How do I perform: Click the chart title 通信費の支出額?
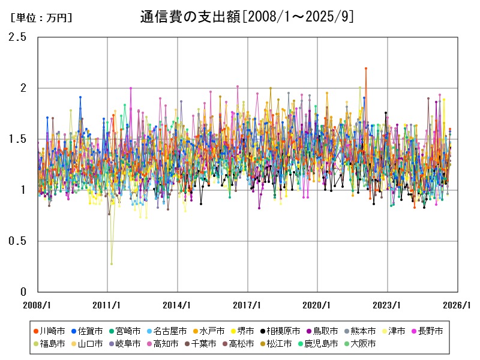[240, 17]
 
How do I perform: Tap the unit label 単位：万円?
[41, 18]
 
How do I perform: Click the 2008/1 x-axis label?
[37, 304]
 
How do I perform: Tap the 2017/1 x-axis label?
[247, 304]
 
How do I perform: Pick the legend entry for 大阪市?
[360, 344]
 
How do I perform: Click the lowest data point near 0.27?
[112, 263]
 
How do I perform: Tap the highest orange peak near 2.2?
[365, 68]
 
